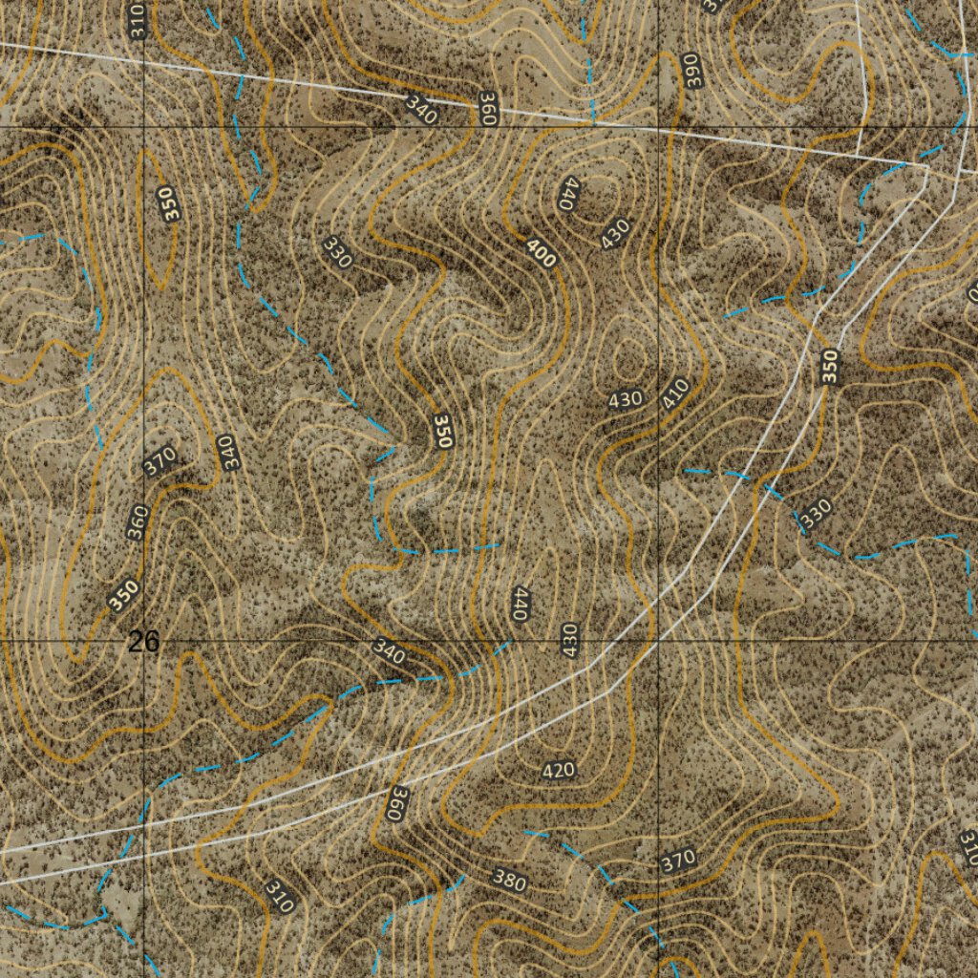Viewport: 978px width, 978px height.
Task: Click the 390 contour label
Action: (692, 72)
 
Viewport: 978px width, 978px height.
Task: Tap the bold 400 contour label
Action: (541, 253)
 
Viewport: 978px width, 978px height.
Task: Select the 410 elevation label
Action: (676, 393)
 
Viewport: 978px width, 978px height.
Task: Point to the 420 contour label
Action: (558, 770)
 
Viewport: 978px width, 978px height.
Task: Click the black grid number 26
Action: (144, 643)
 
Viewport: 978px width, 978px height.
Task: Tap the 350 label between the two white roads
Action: (830, 368)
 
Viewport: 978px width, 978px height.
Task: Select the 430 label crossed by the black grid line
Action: (569, 638)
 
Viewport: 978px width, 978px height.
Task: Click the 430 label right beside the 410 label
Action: (626, 399)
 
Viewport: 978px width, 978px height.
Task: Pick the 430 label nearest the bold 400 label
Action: (616, 234)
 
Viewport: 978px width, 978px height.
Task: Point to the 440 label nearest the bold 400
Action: (570, 194)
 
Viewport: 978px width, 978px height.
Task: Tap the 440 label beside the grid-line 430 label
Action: (519, 605)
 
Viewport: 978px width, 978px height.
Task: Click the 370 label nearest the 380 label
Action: (678, 861)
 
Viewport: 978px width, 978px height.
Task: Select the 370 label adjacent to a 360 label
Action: (159, 462)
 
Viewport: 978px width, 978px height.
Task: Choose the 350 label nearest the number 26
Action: (124, 594)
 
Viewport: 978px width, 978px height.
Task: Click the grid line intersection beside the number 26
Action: (144, 639)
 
